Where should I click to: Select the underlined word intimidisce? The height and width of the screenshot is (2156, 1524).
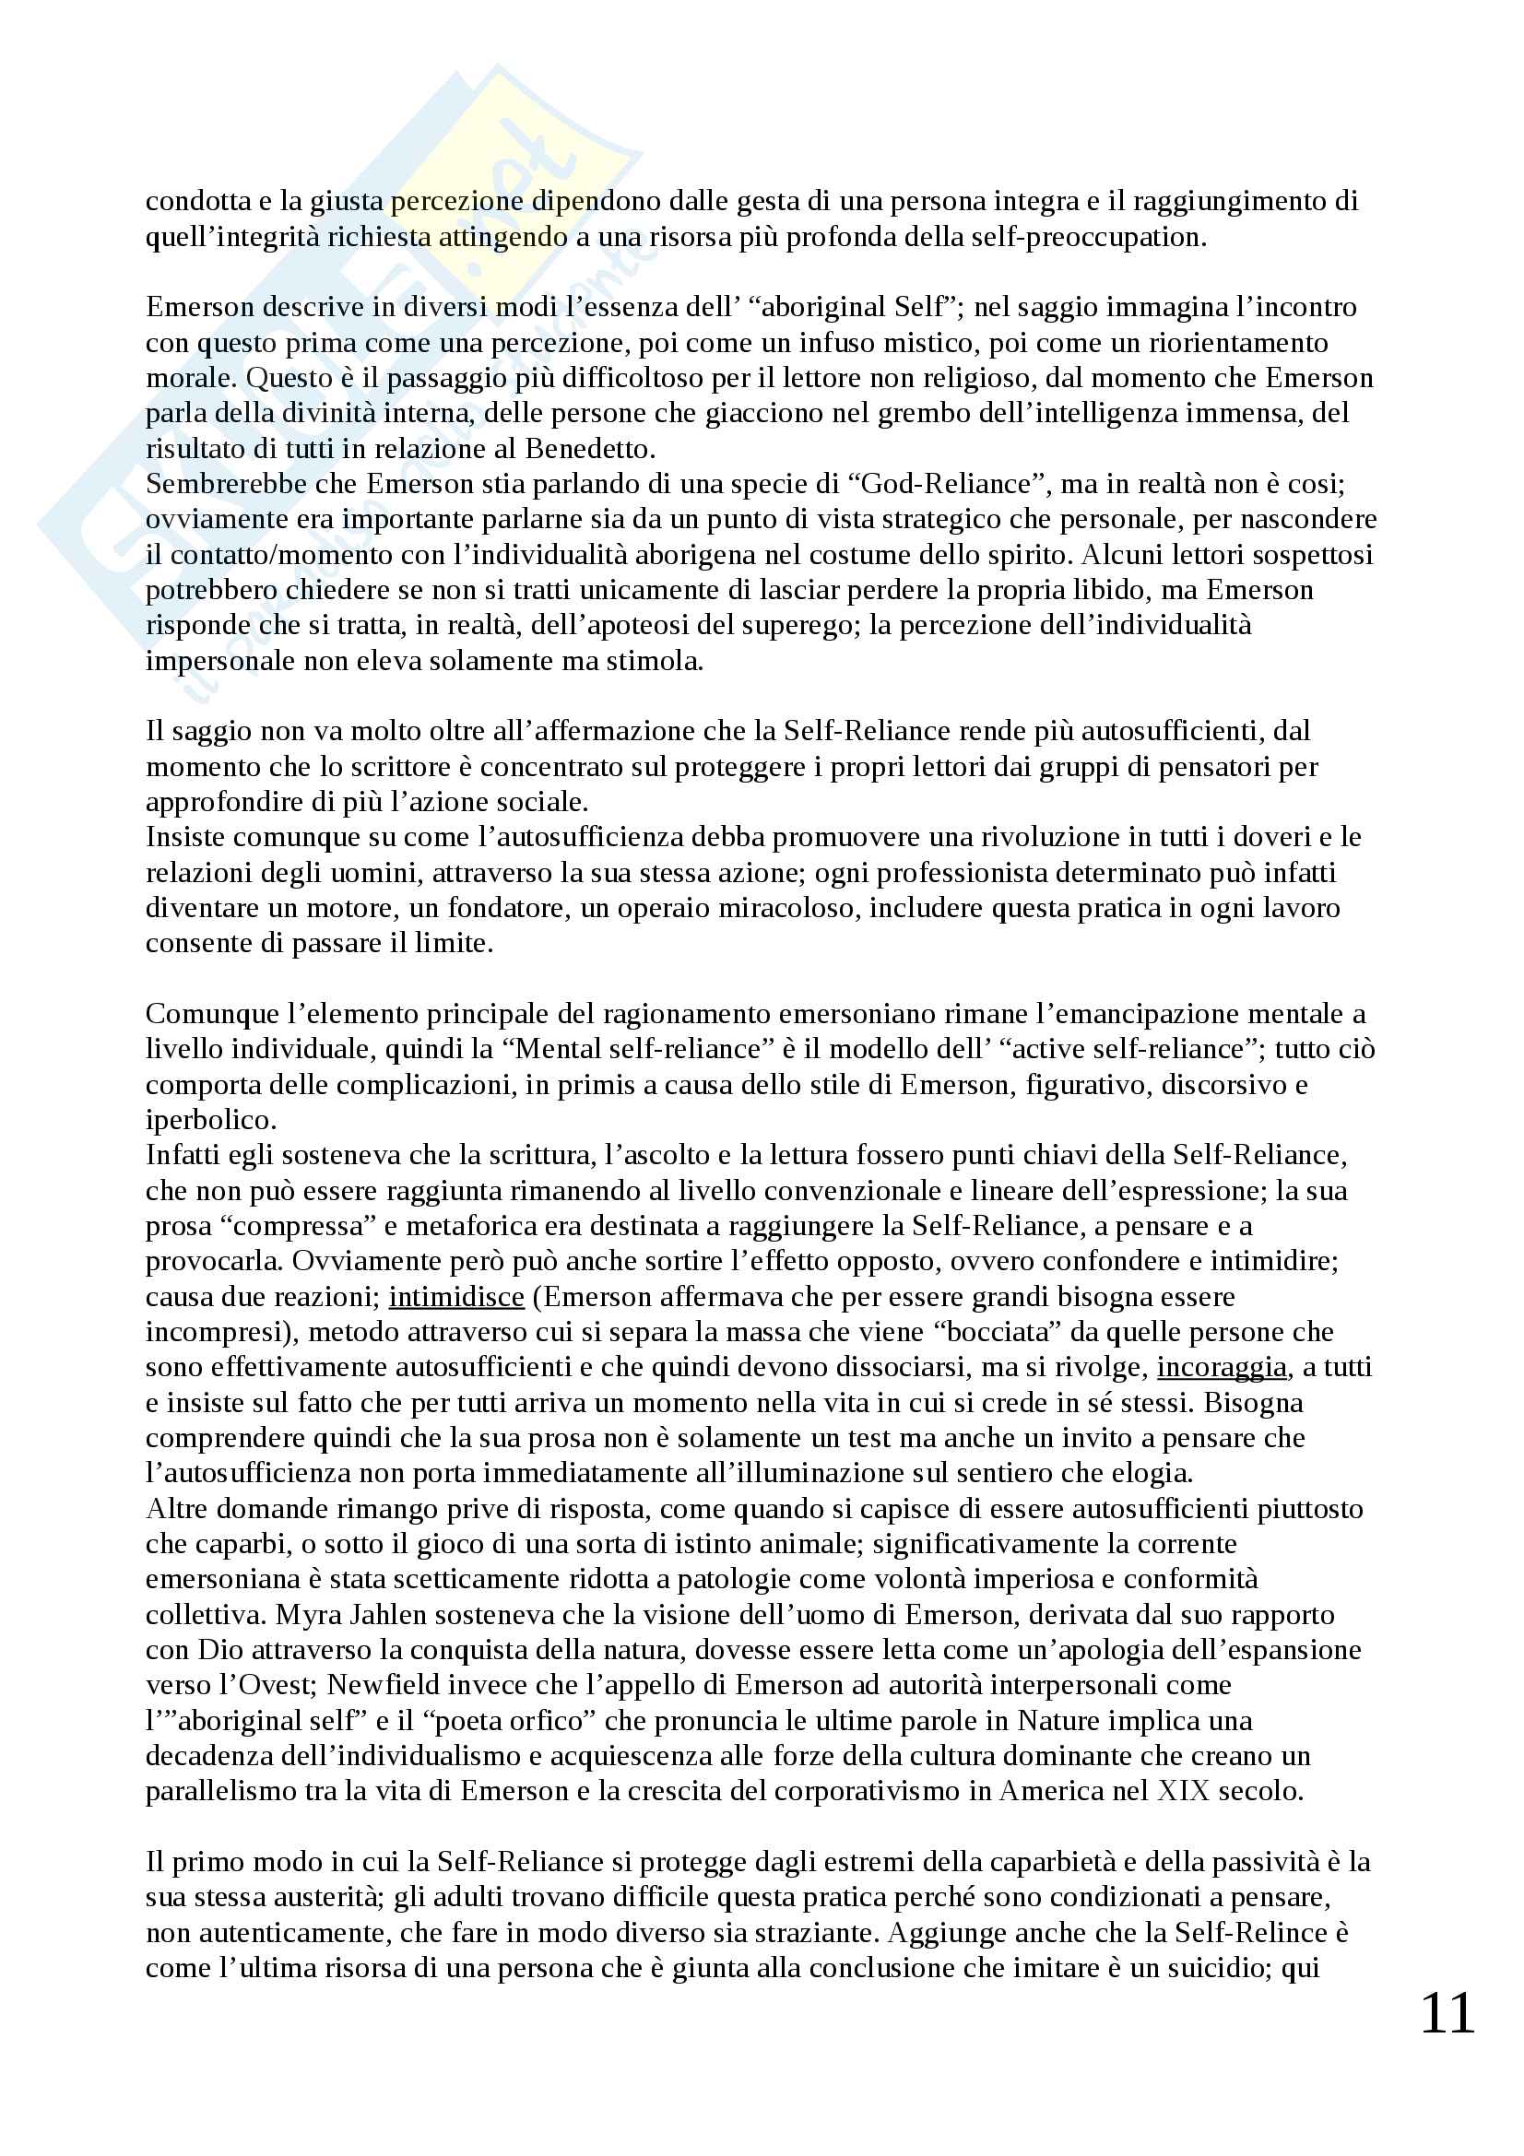456,1297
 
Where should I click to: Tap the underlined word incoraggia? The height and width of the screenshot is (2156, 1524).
1221,1367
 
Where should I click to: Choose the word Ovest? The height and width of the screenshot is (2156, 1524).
267,1686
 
